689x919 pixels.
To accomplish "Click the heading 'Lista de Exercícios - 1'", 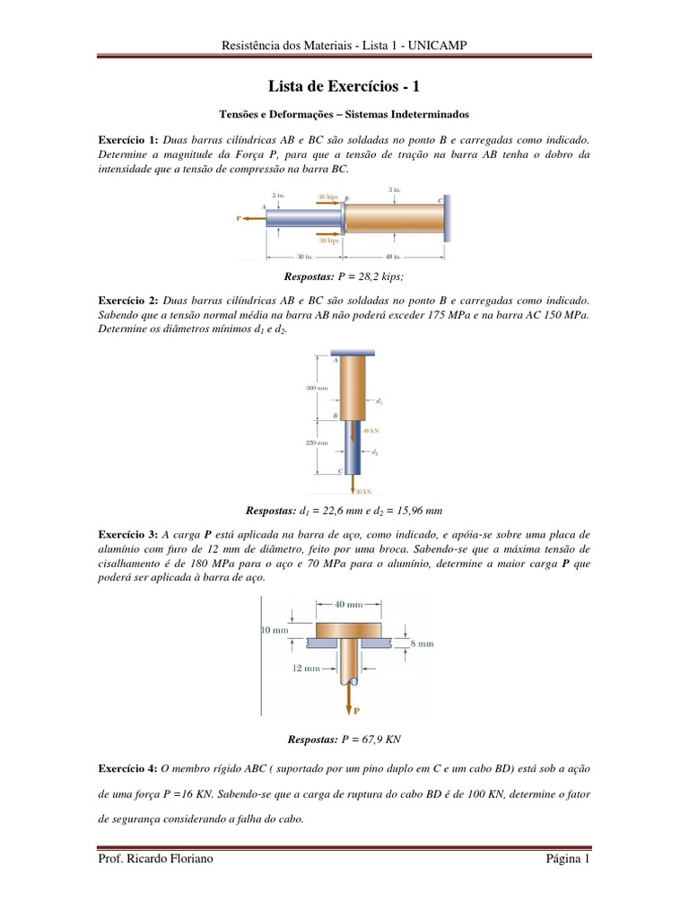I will (344, 86).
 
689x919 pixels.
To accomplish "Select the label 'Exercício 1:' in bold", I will (128, 141).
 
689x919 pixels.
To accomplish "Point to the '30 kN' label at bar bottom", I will (363, 492).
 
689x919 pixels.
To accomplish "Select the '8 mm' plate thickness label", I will (423, 643).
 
